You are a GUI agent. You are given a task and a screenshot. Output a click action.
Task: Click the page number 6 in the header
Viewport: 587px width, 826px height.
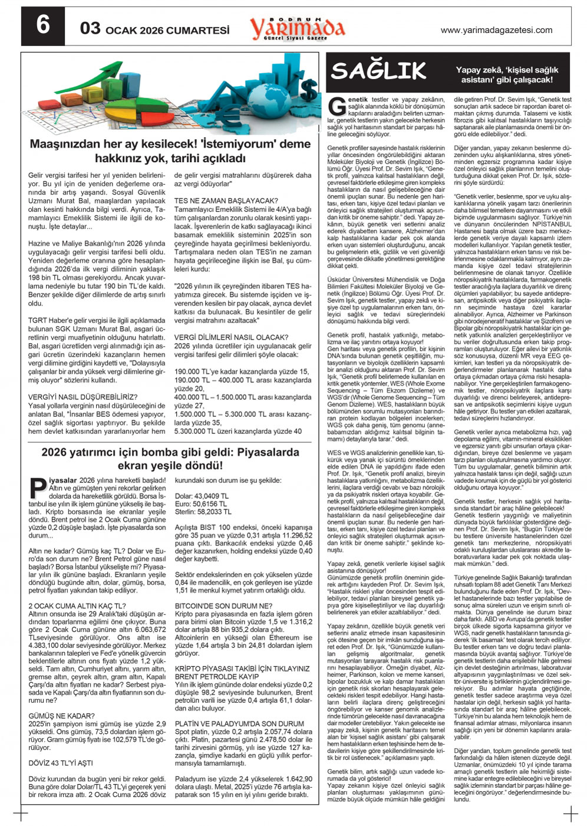pos(42,26)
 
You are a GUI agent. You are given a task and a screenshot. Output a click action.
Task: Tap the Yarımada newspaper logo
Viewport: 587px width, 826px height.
pos(297,27)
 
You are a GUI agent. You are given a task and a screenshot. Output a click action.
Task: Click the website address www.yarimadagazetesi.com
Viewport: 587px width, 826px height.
pos(496,30)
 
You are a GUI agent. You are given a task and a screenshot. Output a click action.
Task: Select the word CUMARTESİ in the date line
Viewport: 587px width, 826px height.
pos(197,30)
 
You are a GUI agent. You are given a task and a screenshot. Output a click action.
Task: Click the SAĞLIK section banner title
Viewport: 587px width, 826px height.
pos(378,71)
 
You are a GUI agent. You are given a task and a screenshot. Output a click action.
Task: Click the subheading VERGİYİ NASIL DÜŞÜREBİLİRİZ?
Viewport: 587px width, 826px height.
pos(83,397)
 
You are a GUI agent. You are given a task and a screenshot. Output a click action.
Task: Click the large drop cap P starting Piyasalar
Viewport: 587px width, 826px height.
pos(37,489)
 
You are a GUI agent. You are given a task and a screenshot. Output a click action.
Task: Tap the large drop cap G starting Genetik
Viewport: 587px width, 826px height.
pos(337,107)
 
